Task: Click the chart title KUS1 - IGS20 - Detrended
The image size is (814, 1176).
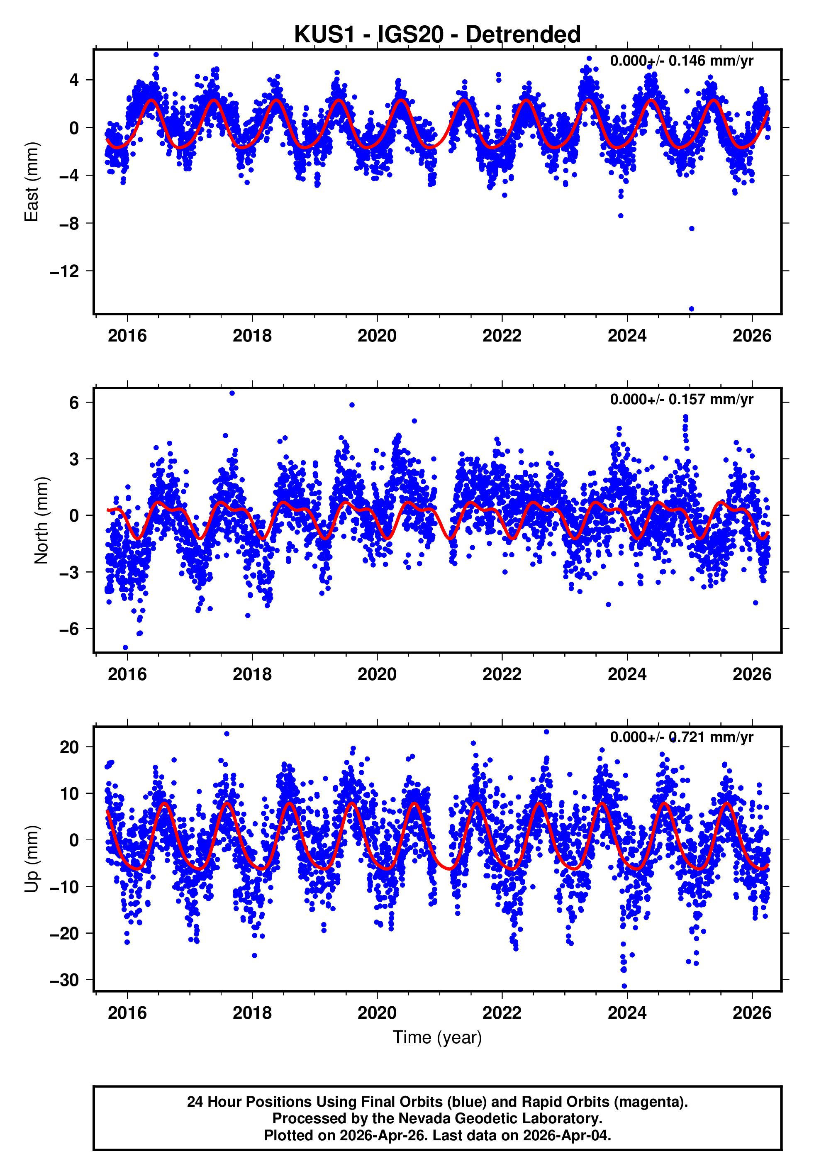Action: [x=437, y=35]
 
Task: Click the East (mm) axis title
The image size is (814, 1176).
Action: [x=32, y=182]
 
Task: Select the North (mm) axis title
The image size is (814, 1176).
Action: [x=41, y=520]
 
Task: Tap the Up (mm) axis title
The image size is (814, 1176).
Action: [x=32, y=859]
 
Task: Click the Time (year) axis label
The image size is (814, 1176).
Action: [x=437, y=1037]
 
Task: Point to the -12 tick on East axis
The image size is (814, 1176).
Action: [x=65, y=271]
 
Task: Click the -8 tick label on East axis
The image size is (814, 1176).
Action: [x=69, y=223]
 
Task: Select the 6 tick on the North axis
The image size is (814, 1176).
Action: [x=74, y=403]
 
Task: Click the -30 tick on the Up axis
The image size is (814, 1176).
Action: [x=65, y=980]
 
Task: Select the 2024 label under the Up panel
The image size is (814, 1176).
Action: [x=627, y=1013]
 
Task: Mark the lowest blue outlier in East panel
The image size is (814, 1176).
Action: [x=692, y=309]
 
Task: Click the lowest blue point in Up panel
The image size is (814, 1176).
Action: [x=624, y=986]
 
